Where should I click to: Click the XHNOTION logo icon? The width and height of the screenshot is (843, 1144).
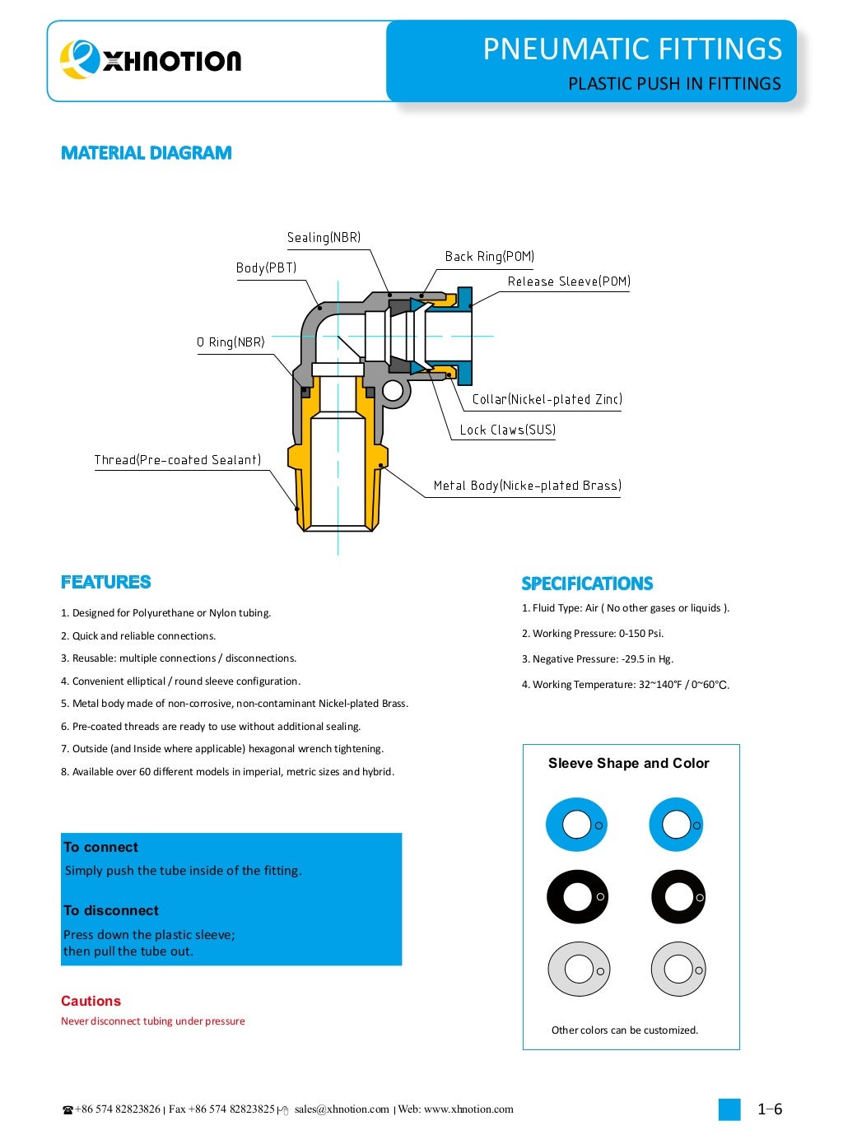(x=79, y=59)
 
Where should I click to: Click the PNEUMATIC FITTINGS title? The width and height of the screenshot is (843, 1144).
(x=631, y=49)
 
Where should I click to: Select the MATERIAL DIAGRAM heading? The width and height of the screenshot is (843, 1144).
(x=147, y=153)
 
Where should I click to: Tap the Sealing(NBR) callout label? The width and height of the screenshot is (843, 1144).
(x=324, y=238)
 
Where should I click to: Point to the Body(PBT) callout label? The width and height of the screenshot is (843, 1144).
(x=266, y=268)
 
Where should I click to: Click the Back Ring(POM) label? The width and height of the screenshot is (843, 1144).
(x=489, y=257)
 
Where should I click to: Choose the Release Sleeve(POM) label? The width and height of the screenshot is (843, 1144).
(x=568, y=281)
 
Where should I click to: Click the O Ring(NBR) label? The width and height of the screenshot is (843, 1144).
(x=231, y=342)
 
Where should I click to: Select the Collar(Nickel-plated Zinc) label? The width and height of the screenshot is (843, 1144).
(x=547, y=400)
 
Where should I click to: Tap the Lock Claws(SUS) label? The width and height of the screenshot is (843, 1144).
(x=507, y=430)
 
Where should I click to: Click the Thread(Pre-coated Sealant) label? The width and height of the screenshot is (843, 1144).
(x=177, y=460)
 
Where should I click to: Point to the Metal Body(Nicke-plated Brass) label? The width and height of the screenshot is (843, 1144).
(x=527, y=486)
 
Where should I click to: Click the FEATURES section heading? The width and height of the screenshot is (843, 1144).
(x=106, y=583)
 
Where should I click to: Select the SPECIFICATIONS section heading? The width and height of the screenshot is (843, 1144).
(x=587, y=584)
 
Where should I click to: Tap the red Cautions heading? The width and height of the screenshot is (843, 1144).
(x=91, y=1001)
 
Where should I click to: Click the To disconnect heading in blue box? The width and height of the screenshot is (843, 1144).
(x=111, y=910)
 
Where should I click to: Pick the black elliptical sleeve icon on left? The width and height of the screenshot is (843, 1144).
(x=577, y=897)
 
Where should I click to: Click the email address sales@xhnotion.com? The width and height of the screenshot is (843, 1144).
(x=342, y=1109)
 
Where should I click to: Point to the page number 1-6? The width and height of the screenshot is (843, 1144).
(x=769, y=1109)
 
